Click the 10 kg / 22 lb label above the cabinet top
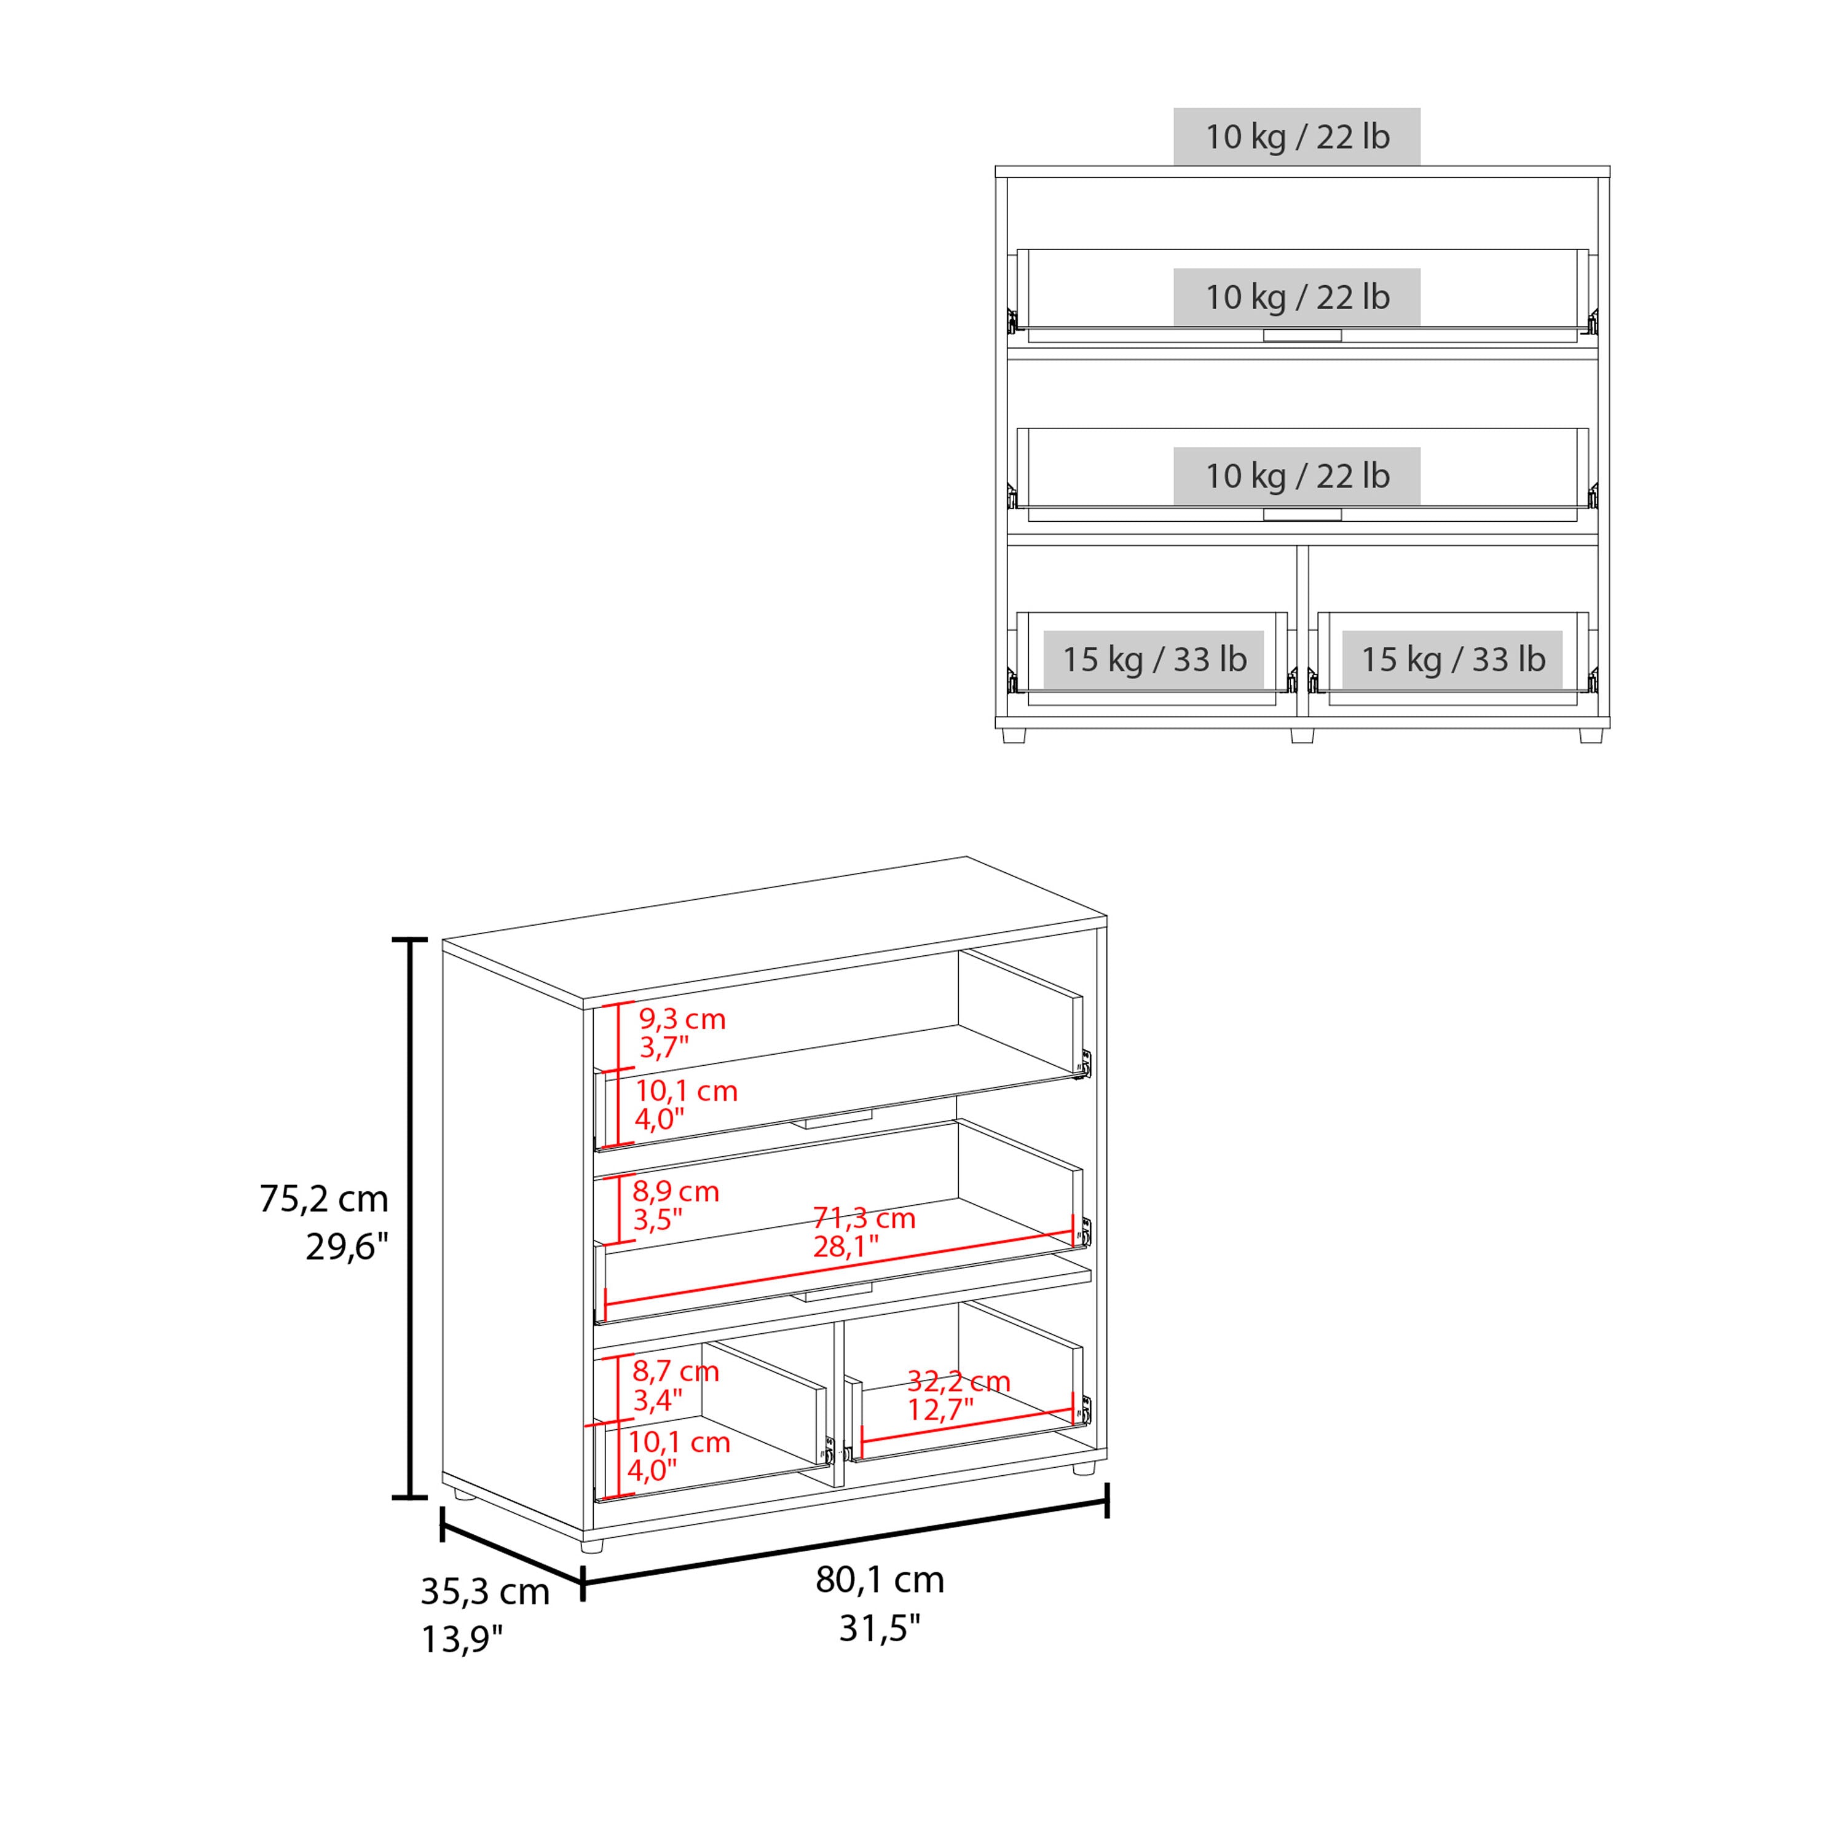(x=1296, y=136)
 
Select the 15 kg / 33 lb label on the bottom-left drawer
(x=1153, y=660)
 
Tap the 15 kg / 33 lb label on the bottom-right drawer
(x=1452, y=660)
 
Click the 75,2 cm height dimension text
(x=323, y=1199)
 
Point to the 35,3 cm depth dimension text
(x=485, y=1592)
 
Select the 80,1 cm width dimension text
(x=879, y=1580)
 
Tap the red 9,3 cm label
(x=682, y=1019)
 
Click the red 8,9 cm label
(x=675, y=1192)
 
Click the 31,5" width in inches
(x=879, y=1628)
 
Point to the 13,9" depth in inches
(x=462, y=1640)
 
